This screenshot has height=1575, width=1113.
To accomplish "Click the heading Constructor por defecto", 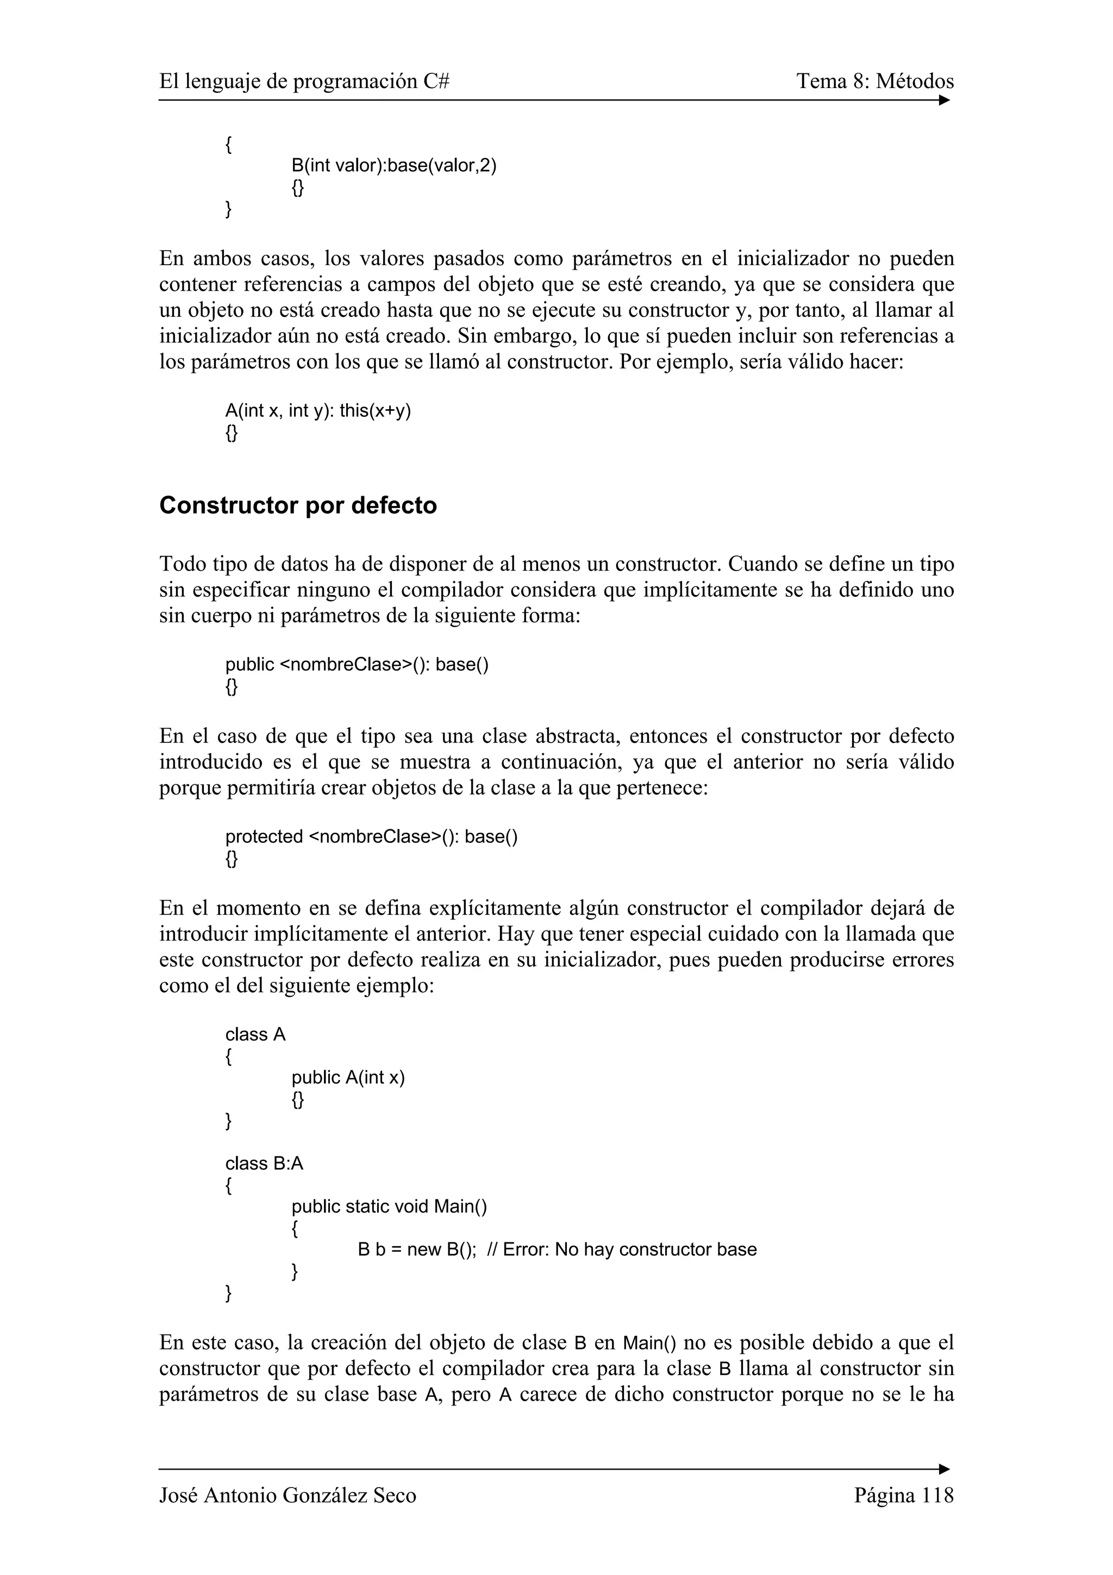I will tap(298, 505).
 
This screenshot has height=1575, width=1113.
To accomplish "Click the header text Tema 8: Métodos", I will tap(874, 82).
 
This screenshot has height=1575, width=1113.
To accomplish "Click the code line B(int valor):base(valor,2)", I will tap(393, 165).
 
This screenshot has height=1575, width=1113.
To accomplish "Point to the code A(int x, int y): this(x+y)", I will tap(318, 411).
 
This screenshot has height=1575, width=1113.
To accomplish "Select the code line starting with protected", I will tap(371, 836).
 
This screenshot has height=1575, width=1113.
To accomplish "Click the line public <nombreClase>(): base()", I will tap(357, 664).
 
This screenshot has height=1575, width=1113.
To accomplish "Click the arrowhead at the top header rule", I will tap(945, 100).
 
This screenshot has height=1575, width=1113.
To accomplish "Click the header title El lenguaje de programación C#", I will tap(304, 82).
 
